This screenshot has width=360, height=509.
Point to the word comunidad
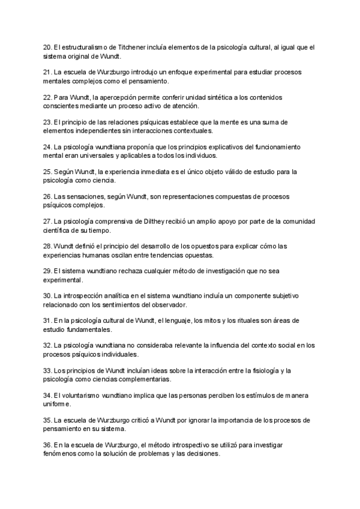coord(298,221)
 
